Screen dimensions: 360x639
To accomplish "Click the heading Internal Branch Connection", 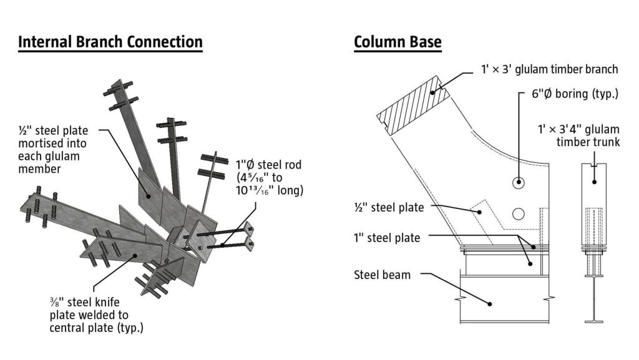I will click(110, 42).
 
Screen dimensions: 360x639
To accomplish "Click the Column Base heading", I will click(398, 42).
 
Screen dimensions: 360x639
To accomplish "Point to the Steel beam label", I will click(383, 274).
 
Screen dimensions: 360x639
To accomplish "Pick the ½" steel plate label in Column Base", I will click(389, 208).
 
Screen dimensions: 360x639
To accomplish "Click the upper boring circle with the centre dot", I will click(518, 183).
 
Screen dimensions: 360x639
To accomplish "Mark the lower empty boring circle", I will click(517, 214).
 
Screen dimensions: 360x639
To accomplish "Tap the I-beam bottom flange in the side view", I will click(594, 322).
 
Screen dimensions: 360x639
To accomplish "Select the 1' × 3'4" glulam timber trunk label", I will click(578, 135).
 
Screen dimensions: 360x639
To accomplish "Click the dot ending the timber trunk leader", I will click(594, 182).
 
